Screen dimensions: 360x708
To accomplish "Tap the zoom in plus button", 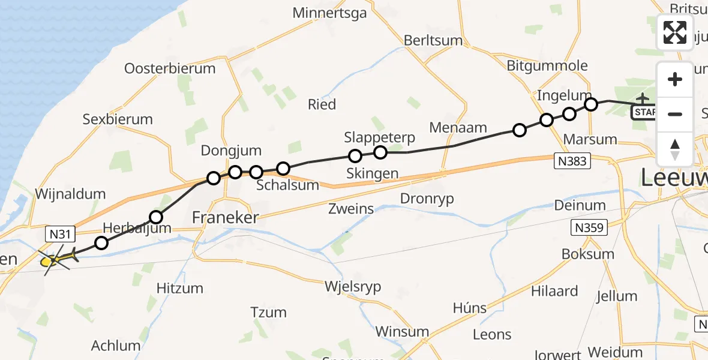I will (x=675, y=80).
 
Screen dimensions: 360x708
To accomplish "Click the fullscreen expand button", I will (x=675, y=32).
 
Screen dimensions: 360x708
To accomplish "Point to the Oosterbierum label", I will (x=170, y=68).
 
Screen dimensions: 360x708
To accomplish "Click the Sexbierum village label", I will (x=118, y=119).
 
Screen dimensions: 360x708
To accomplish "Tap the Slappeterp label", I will (x=380, y=137).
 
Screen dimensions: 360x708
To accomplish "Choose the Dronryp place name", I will (x=427, y=199).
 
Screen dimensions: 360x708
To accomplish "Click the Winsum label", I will (x=402, y=332).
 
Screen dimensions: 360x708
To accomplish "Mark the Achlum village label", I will (x=116, y=346).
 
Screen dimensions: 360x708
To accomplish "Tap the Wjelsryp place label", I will (x=353, y=287).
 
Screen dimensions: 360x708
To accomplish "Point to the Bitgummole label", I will (x=544, y=65).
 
